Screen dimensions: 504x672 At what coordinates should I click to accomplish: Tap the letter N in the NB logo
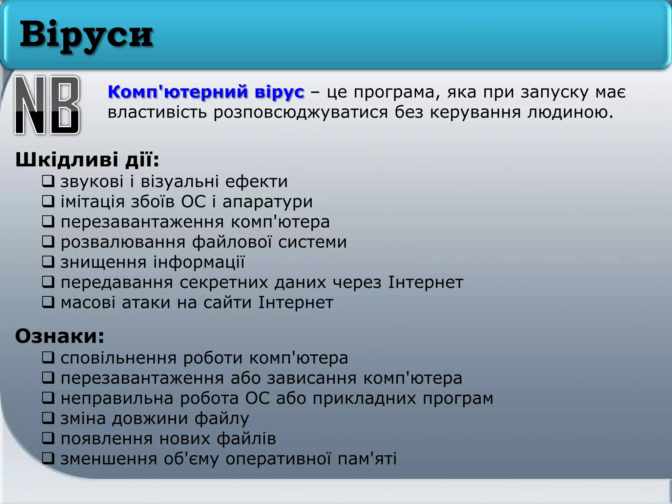[30, 105]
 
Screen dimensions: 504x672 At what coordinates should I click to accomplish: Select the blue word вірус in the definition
[279, 92]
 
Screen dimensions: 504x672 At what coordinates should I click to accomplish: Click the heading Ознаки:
[60, 336]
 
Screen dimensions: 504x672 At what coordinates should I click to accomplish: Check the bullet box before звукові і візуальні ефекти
[48, 181]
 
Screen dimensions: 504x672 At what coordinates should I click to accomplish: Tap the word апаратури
[267, 201]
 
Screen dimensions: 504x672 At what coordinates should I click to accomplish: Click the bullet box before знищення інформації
[48, 262]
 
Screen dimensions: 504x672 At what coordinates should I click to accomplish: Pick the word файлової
[232, 242]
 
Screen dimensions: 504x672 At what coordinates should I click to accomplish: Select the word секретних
[223, 283]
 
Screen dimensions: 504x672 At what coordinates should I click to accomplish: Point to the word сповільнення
[118, 358]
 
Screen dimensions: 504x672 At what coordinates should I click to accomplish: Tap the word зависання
[311, 378]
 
